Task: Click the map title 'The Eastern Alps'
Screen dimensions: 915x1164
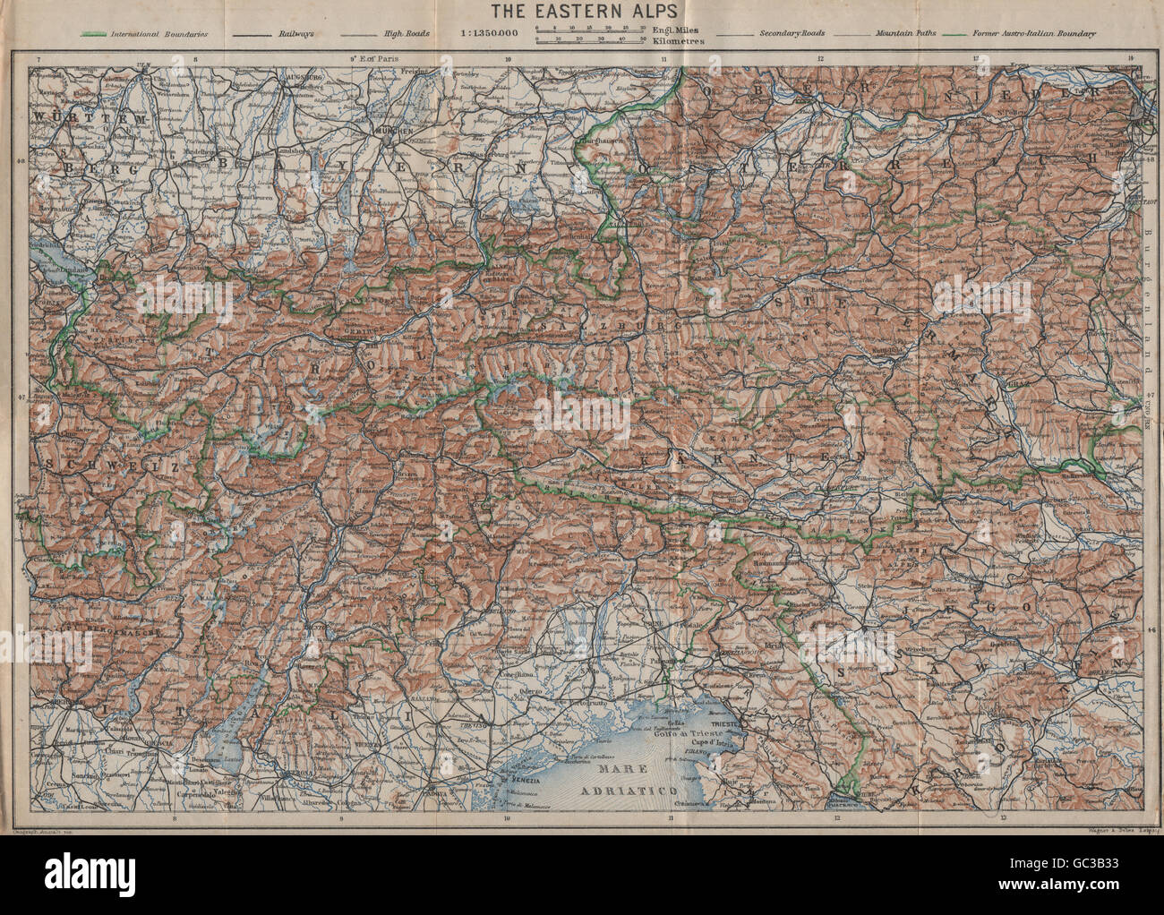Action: click(x=580, y=13)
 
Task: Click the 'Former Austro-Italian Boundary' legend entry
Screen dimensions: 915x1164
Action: click(x=1044, y=34)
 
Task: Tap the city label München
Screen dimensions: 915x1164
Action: click(x=390, y=131)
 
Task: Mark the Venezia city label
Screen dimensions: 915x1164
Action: click(x=523, y=777)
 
